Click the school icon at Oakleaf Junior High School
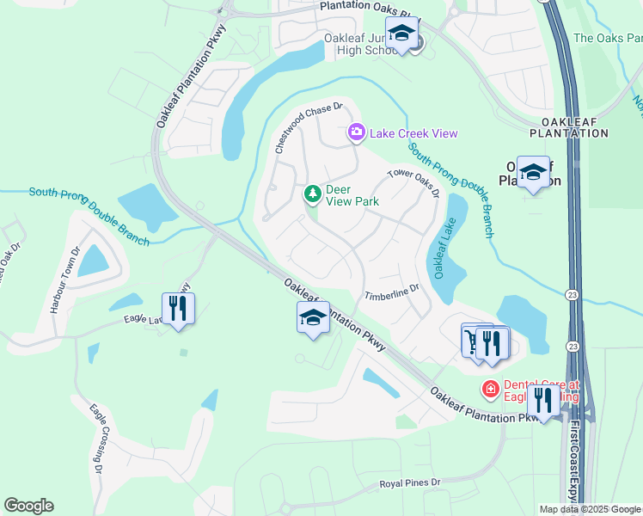(x=401, y=34)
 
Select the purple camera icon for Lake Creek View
(x=356, y=132)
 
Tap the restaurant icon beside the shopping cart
(x=493, y=342)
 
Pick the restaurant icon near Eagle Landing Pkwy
(x=178, y=307)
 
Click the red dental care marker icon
(x=490, y=390)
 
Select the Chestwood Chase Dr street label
(x=308, y=127)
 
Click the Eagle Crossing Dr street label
(x=94, y=440)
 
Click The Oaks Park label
(x=607, y=38)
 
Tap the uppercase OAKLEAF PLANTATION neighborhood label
(x=575, y=127)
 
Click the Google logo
(x=28, y=505)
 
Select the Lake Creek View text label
(x=414, y=133)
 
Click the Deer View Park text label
(x=352, y=195)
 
